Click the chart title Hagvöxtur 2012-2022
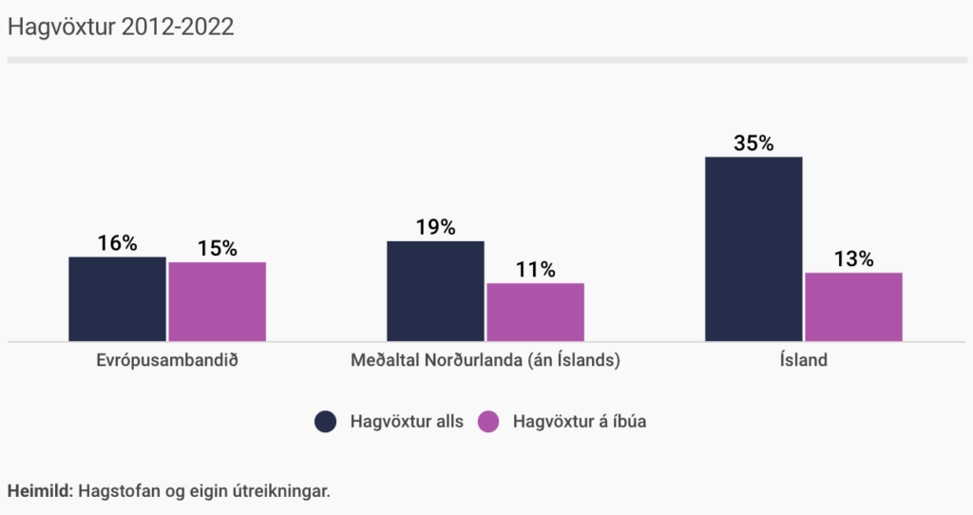pyautogui.click(x=121, y=27)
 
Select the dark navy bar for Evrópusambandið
pyautogui.click(x=117, y=298)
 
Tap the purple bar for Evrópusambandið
pyautogui.click(x=217, y=301)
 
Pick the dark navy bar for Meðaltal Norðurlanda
pyautogui.click(x=435, y=291)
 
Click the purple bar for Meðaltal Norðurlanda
pyautogui.click(x=535, y=312)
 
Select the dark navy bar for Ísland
pyautogui.click(x=754, y=249)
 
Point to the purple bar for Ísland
pyautogui.click(x=853, y=307)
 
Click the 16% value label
pyautogui.click(x=117, y=243)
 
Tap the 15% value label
pyautogui.click(x=217, y=248)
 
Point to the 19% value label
pyautogui.click(x=435, y=227)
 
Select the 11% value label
pyautogui.click(x=535, y=270)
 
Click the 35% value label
pyautogui.click(x=754, y=143)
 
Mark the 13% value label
pyautogui.click(x=853, y=258)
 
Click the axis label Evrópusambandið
pyautogui.click(x=166, y=361)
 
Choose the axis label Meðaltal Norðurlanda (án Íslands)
pyautogui.click(x=485, y=361)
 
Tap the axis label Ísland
pyautogui.click(x=803, y=361)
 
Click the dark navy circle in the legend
pyautogui.click(x=326, y=422)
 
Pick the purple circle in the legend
pyautogui.click(x=488, y=422)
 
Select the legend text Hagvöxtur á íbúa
pyautogui.click(x=579, y=422)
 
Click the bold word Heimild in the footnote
pyautogui.click(x=38, y=491)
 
